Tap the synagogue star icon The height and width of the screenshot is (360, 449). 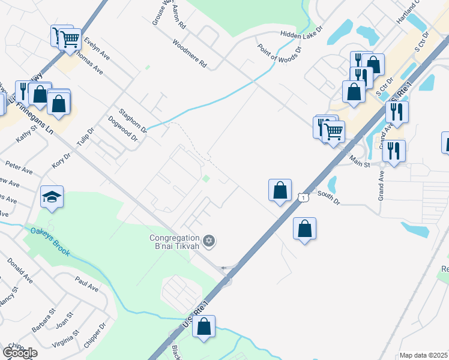209,241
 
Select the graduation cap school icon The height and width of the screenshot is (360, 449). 52,196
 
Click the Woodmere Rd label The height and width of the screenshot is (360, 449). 189,53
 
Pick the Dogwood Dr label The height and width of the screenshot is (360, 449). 123,129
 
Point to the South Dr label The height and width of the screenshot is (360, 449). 328,199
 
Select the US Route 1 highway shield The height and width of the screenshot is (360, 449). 304,197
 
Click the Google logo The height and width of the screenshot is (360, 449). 20,353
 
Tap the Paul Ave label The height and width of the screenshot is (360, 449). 86,284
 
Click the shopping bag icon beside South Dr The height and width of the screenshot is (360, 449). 280,191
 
